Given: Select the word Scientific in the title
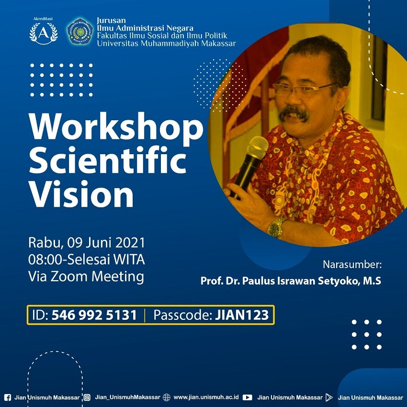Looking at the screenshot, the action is point(107,159).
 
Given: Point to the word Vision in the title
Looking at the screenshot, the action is point(81,193).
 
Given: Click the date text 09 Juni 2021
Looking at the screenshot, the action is point(106,243).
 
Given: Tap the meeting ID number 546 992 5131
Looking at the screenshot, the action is point(94,315).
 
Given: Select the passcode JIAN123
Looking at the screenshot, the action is point(242,315).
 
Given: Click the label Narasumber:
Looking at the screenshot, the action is point(352,265).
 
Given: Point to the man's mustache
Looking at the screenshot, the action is point(294,113).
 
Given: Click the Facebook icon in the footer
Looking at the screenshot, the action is point(8,397).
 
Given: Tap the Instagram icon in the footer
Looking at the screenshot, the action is point(87,397).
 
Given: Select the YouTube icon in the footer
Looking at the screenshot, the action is point(248,397).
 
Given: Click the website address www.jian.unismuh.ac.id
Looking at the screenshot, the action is point(206,397).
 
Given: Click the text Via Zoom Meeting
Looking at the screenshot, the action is point(86,276).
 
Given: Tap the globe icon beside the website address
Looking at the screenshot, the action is point(166,397).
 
